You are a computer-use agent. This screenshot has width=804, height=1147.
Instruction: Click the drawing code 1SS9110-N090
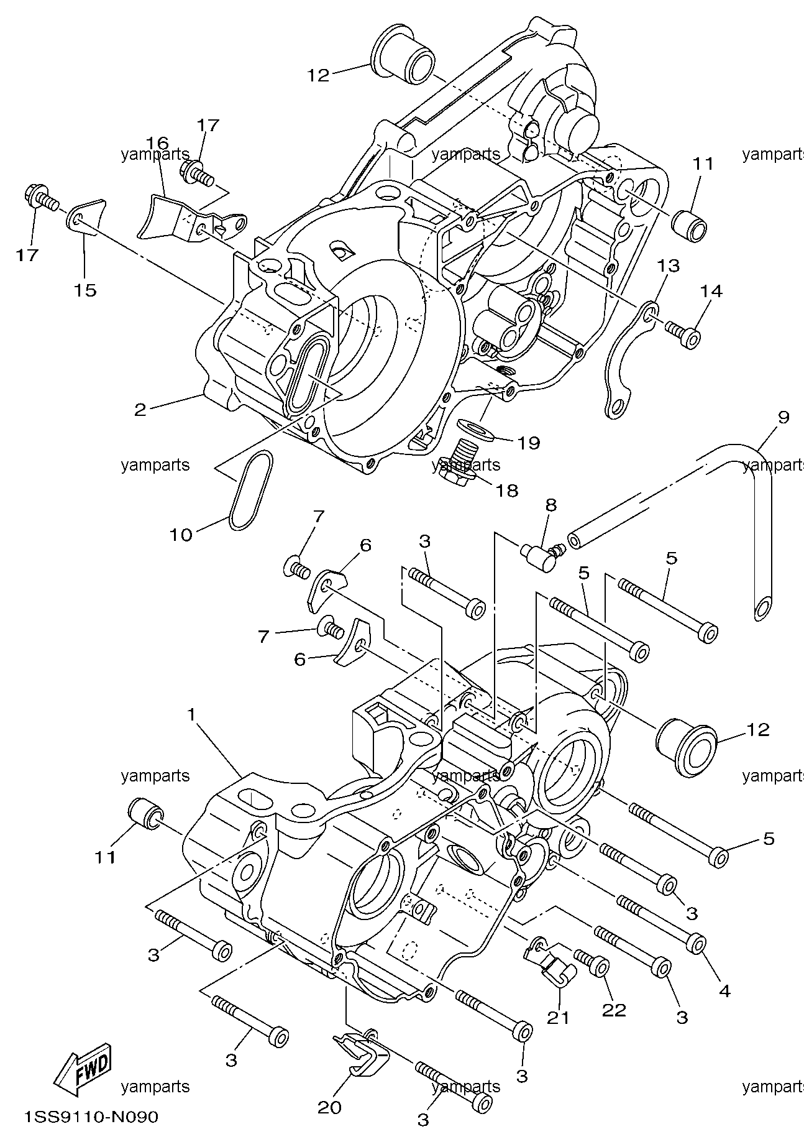[x=91, y=1117]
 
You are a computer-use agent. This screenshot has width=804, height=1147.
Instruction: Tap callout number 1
[x=192, y=716]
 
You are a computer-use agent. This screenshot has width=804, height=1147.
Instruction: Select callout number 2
[x=140, y=409]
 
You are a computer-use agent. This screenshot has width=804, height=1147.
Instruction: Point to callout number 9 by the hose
[x=783, y=417]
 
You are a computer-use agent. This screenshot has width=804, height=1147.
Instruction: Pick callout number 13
[x=669, y=266]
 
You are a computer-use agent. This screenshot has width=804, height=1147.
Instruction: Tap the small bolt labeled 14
[x=683, y=333]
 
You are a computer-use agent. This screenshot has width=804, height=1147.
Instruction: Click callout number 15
[x=86, y=290]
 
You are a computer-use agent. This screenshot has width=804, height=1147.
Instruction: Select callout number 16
[x=157, y=143]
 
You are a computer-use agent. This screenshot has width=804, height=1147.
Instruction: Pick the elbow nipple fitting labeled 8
[x=542, y=550]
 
